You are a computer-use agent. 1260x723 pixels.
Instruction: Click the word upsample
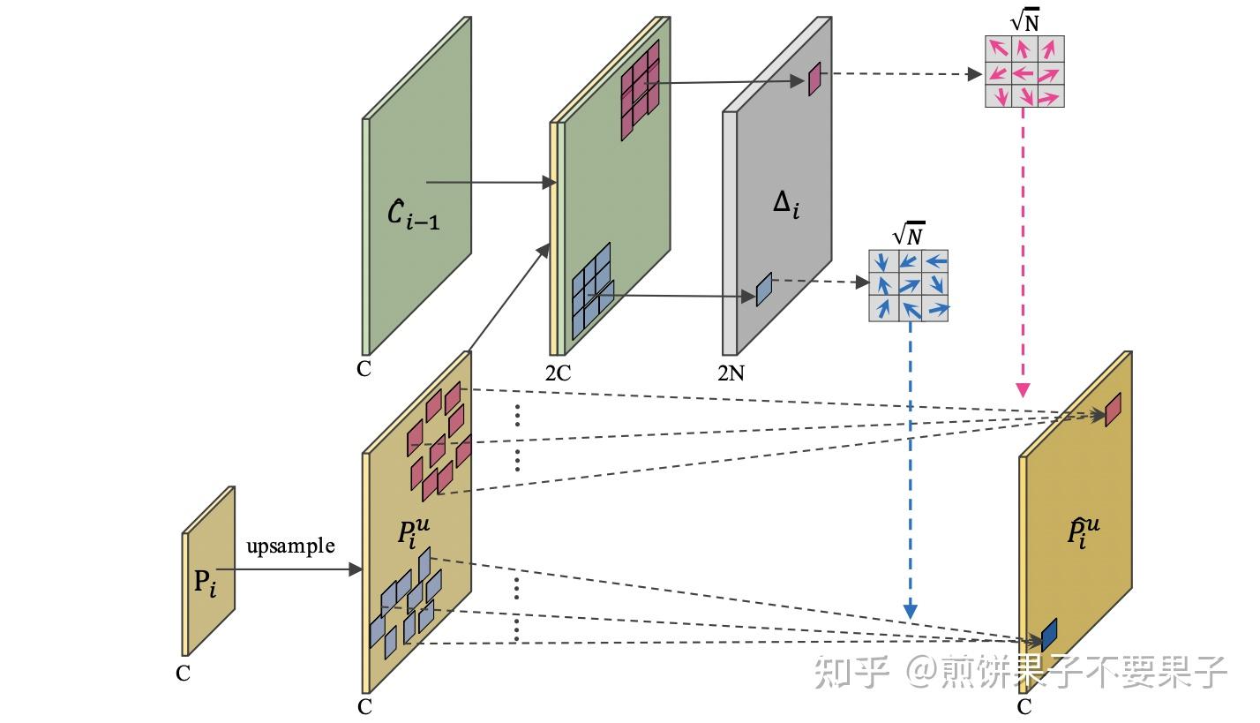[x=290, y=546]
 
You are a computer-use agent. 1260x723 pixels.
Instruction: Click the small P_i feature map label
[x=205, y=583]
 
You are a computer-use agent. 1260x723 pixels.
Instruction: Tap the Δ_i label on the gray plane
[x=785, y=204]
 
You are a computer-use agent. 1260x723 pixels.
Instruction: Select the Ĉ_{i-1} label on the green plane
[x=414, y=214]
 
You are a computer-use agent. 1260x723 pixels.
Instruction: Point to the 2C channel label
[x=558, y=373]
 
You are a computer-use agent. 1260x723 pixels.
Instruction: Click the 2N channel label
[x=731, y=373]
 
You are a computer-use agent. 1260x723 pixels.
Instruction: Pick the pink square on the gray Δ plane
[x=814, y=78]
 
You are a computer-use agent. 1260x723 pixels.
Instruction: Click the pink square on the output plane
[x=1113, y=410]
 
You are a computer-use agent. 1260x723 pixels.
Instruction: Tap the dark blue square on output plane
[x=1049, y=635]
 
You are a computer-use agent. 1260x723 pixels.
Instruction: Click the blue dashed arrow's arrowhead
[x=910, y=611]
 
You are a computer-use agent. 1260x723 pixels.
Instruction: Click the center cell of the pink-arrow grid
[x=1024, y=72]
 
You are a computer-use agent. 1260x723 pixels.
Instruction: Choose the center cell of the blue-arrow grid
[x=909, y=285]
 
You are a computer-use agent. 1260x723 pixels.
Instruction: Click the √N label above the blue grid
[x=909, y=236]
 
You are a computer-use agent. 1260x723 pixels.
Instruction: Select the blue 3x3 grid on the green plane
[x=592, y=290]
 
